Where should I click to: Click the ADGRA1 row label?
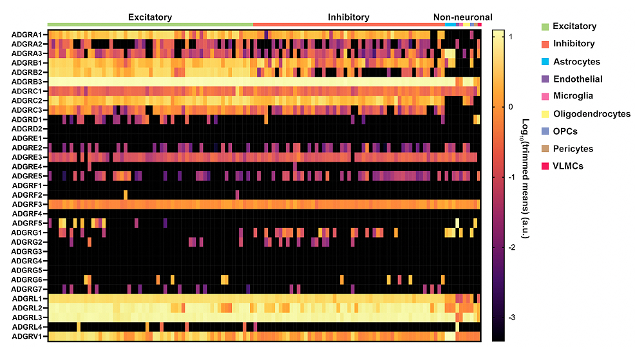point(27,34)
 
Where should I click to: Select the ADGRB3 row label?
point(27,82)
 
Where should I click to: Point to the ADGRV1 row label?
point(27,336)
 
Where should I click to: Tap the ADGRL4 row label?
point(27,327)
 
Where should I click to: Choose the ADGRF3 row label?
point(27,204)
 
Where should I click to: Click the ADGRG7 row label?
point(27,289)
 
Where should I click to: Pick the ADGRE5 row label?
point(27,176)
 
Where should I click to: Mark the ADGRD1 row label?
point(27,119)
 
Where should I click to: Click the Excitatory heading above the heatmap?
point(150,17)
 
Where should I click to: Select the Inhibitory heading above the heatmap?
point(348,17)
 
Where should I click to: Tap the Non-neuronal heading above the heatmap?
point(462,17)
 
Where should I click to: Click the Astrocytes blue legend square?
point(545,62)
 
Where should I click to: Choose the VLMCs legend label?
point(568,166)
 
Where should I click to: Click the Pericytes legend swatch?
point(545,149)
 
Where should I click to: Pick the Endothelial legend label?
point(578,79)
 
